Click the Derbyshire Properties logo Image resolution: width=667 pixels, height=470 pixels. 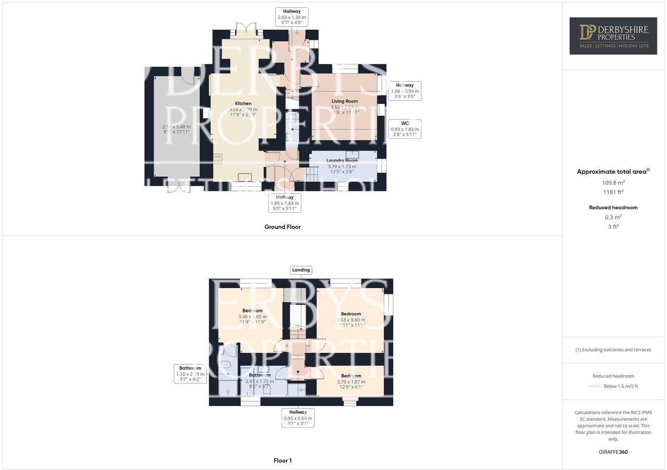click(613, 36)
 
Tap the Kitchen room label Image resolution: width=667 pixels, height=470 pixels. click(243, 104)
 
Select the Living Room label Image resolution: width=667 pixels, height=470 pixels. click(344, 101)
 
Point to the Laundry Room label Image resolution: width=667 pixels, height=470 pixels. click(342, 160)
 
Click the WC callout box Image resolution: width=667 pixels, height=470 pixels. click(405, 128)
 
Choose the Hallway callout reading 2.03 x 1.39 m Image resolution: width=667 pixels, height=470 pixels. click(292, 17)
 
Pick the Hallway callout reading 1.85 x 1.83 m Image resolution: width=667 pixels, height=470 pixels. click(285, 202)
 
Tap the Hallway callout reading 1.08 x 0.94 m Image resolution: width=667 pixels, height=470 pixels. click(405, 91)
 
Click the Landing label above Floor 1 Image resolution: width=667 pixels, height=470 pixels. click(301, 270)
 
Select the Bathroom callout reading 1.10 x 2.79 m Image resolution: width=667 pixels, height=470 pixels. click(190, 374)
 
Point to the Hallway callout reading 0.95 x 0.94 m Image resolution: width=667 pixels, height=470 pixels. click(298, 418)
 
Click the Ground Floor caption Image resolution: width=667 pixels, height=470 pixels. click(282, 227)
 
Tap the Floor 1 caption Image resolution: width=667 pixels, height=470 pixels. click(283, 461)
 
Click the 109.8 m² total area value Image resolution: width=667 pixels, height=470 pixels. click(613, 182)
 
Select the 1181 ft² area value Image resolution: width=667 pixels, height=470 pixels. click(613, 193)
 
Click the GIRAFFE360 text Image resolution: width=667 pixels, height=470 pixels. click(613, 452)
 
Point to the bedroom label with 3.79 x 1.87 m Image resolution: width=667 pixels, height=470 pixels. click(351, 376)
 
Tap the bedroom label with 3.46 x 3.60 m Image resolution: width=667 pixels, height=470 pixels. click(252, 311)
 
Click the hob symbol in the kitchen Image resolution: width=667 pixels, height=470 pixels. click(218, 158)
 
